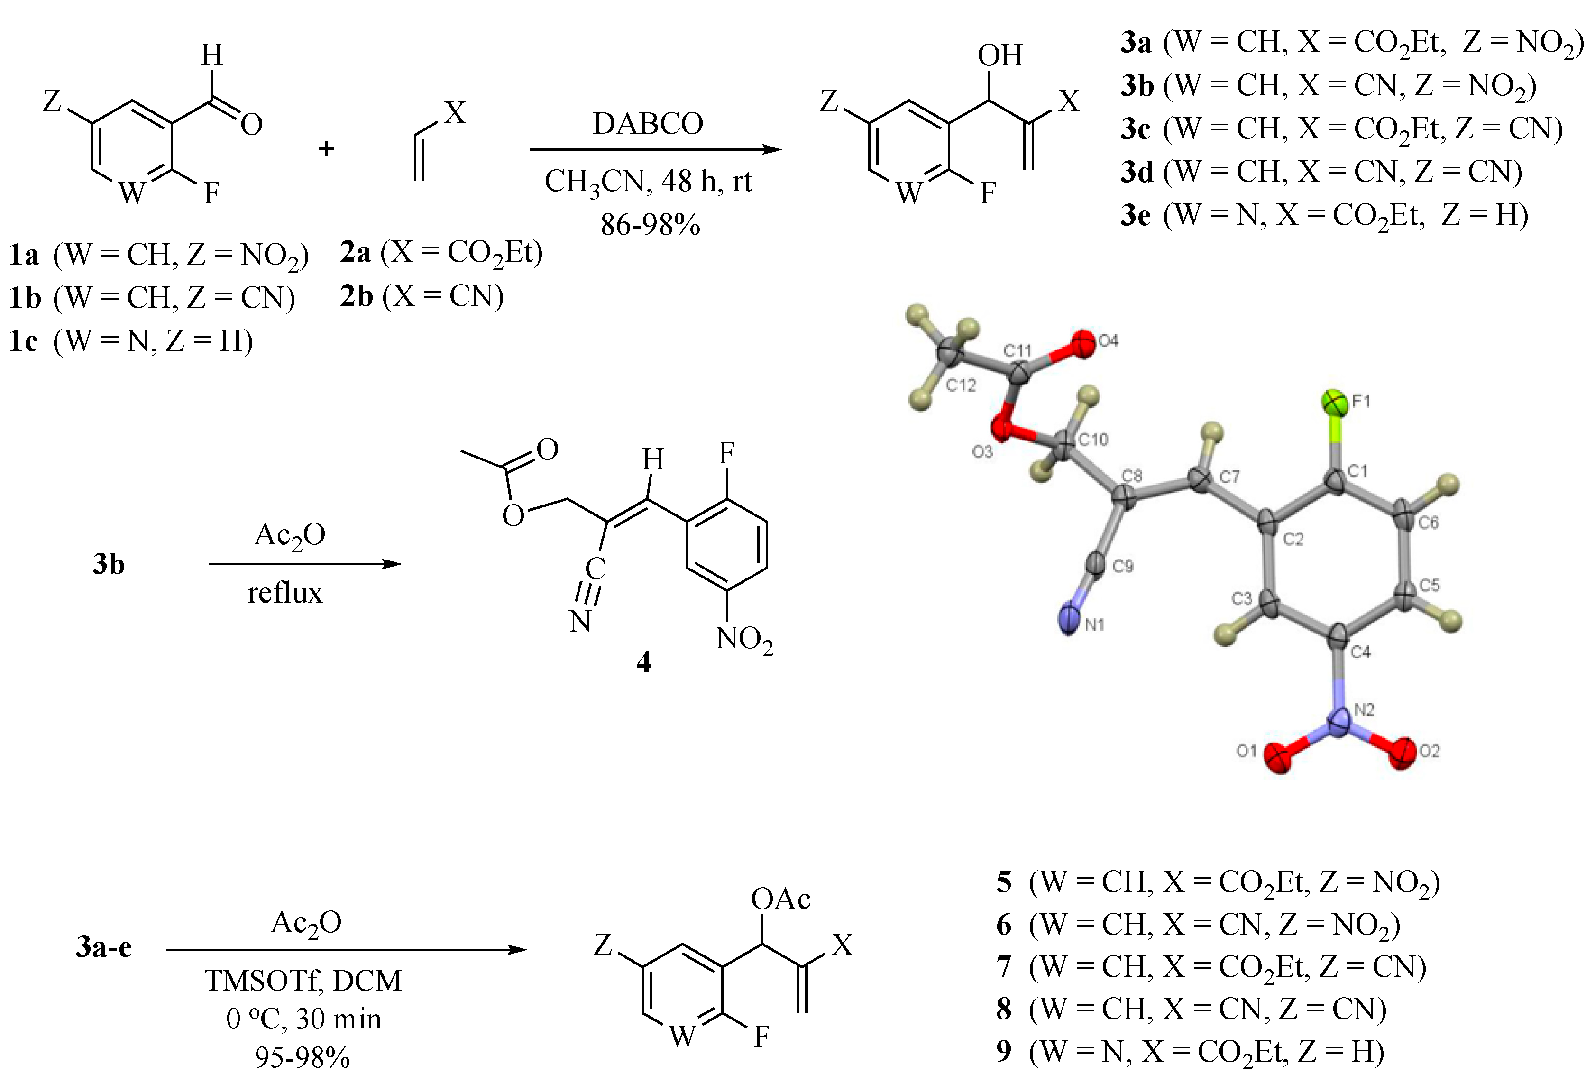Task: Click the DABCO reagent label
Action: click(648, 124)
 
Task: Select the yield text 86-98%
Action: click(650, 224)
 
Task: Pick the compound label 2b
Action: click(356, 296)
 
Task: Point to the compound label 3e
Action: click(1136, 215)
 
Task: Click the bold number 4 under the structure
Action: click(644, 661)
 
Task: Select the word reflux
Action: click(285, 592)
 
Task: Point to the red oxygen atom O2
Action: click(1401, 753)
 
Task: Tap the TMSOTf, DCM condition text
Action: click(302, 980)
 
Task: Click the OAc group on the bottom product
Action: click(780, 899)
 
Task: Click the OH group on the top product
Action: click(1000, 55)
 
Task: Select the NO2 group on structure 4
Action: click(744, 640)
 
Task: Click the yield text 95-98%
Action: click(302, 1057)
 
